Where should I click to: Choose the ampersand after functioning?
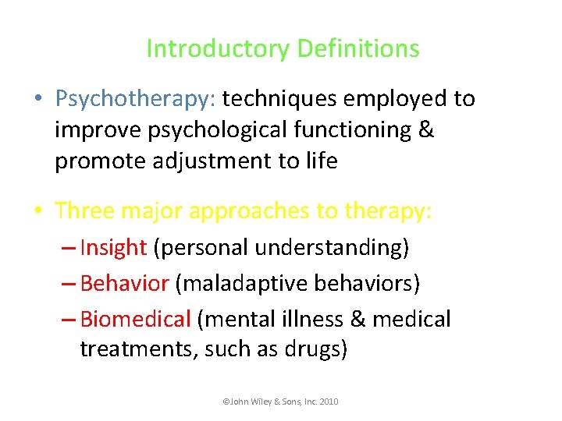pyautogui.click(x=426, y=130)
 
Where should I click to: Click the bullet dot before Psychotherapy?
pyautogui.click(x=38, y=100)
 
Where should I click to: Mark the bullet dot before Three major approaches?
pyautogui.click(x=38, y=211)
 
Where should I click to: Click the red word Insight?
pyautogui.click(x=113, y=248)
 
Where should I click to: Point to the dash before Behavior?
pyautogui.click(x=68, y=284)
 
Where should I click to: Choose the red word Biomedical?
pyautogui.click(x=135, y=319)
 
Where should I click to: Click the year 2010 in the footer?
pyautogui.click(x=329, y=402)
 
